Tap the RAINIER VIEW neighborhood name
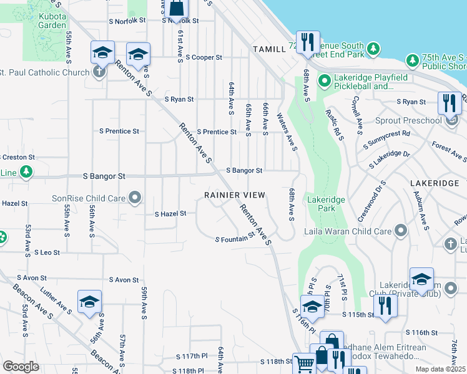tap(235, 195)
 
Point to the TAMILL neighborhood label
tap(268, 49)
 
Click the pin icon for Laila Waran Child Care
tap(400, 232)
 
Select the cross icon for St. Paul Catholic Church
tap(99, 72)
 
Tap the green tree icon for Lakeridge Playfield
tap(324, 81)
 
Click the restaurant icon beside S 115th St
tap(385, 305)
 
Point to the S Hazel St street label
tap(170, 214)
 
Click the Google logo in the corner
tap(20, 367)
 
